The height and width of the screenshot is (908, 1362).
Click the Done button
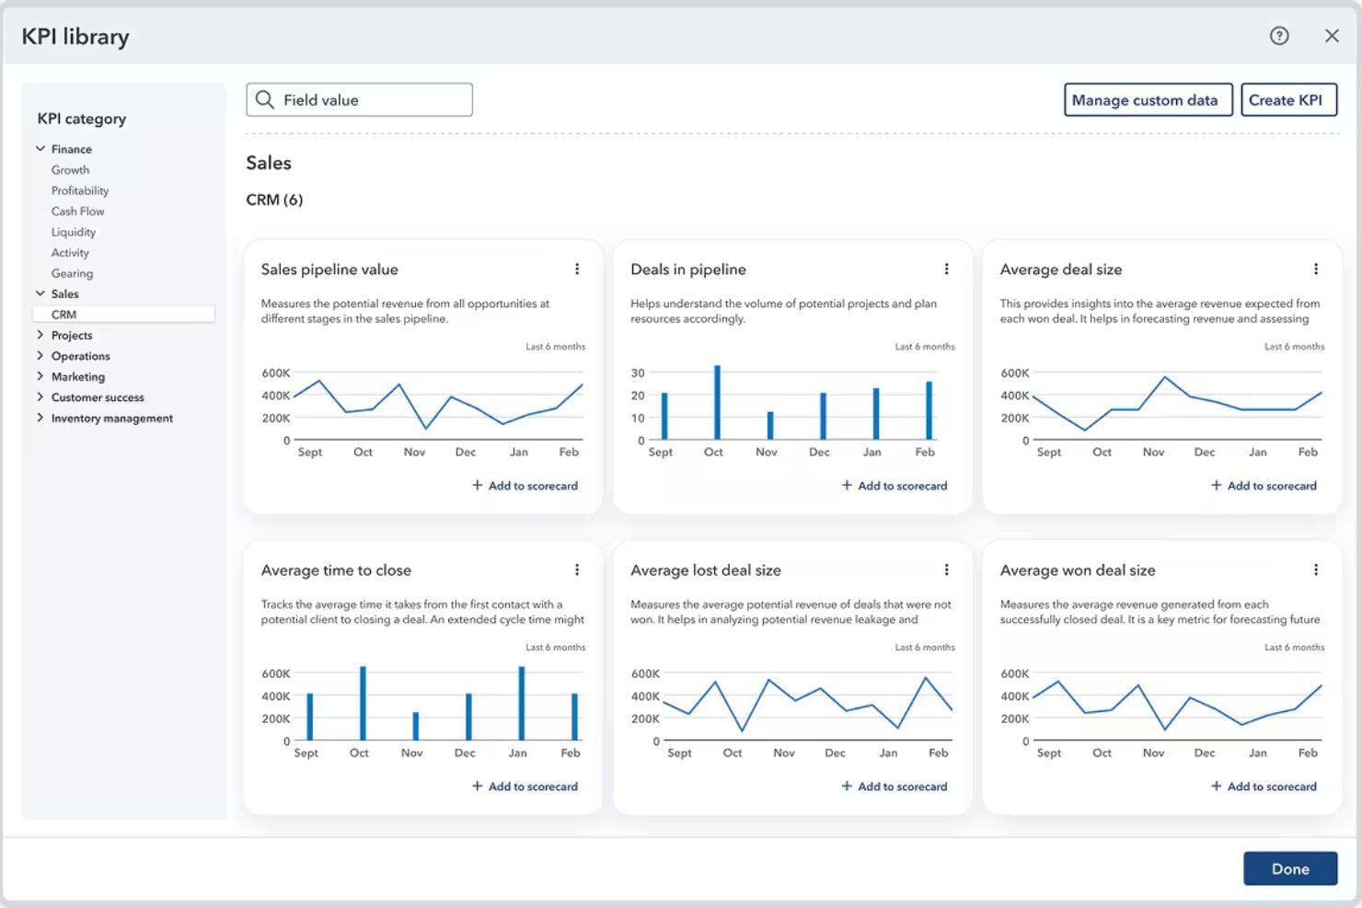[1289, 868]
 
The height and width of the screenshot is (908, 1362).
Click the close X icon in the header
[1331, 36]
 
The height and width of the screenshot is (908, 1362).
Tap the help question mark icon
[1278, 36]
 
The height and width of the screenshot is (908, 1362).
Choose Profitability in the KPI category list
[80, 190]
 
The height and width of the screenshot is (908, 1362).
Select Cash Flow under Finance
[77, 212]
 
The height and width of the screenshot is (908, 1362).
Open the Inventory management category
[111, 419]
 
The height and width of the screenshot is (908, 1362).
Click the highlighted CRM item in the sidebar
[64, 315]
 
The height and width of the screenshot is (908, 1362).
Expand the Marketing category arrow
[40, 376]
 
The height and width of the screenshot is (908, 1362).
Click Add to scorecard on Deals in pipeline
[895, 486]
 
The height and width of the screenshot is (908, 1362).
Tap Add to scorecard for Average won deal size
[1264, 787]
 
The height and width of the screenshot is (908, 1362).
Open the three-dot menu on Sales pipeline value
[577, 270]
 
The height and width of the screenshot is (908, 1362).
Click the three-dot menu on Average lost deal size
[946, 570]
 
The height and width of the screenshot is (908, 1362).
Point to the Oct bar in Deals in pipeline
[717, 403]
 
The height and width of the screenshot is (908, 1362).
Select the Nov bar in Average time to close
[416, 726]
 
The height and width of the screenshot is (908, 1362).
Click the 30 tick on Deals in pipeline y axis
[638, 373]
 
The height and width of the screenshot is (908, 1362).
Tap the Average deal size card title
[1060, 270]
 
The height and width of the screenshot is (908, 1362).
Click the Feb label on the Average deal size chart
[1307, 453]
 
